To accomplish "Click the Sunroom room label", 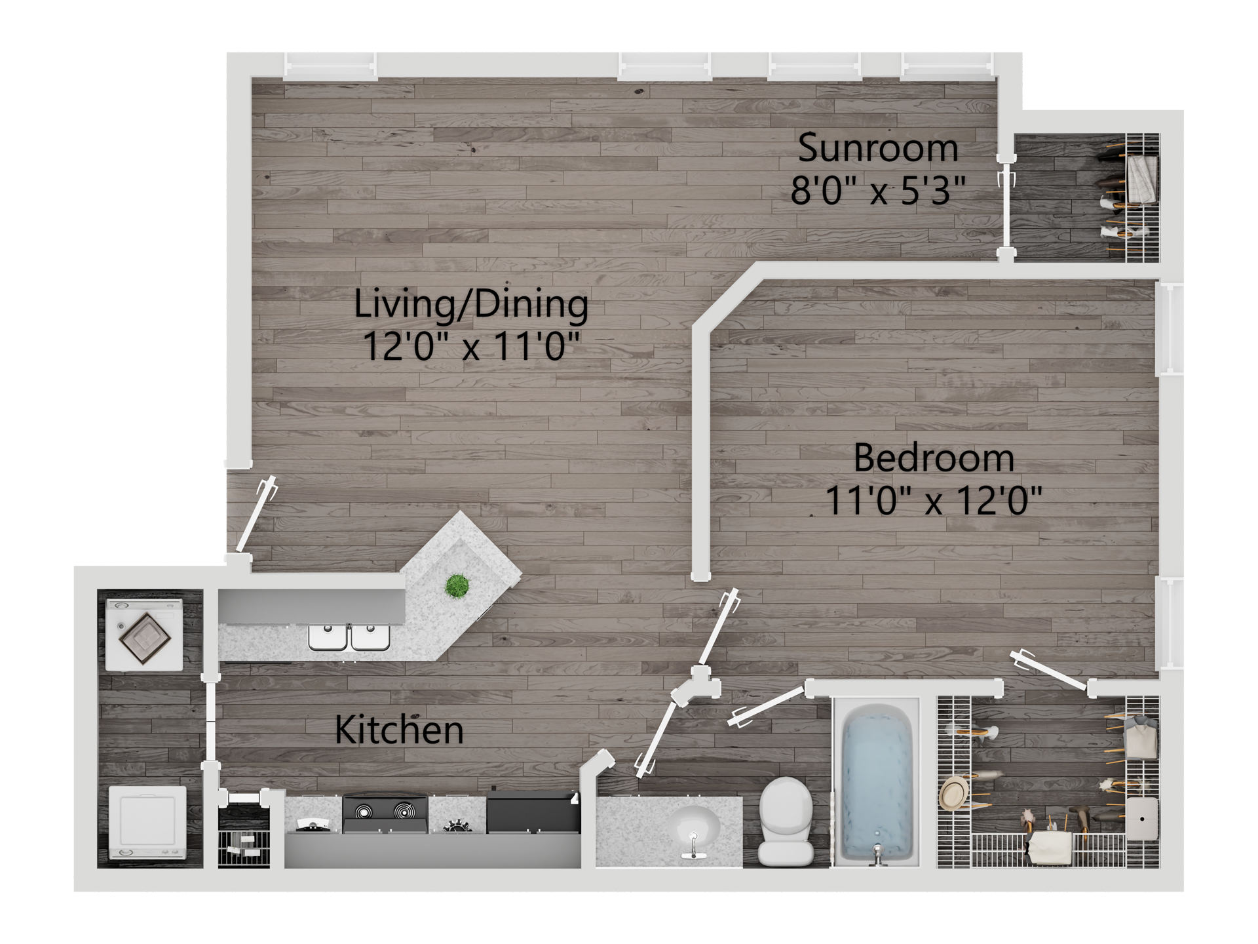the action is click(x=878, y=149).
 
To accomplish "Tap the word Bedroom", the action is click(x=934, y=458).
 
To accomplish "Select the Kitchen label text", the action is click(x=399, y=730).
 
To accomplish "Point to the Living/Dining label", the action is click(x=471, y=305).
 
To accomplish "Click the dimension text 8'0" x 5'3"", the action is click(x=878, y=191).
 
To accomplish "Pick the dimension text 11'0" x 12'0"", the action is click(x=934, y=500).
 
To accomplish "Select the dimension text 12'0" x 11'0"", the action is click(x=471, y=346).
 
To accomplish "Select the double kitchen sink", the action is click(x=349, y=637).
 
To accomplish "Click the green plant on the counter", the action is click(x=457, y=585).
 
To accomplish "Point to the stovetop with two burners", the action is click(x=385, y=814).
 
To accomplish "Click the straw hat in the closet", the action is click(x=954, y=793).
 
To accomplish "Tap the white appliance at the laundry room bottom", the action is click(x=147, y=823).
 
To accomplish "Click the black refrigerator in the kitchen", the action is click(x=533, y=812).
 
